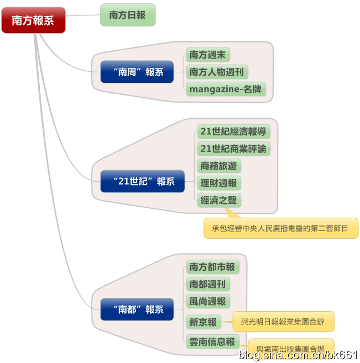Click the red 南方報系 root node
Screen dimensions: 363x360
(x=33, y=20)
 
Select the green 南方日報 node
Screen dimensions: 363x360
(x=128, y=15)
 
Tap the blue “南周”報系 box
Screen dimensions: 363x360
(x=137, y=72)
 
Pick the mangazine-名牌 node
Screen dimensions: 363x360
(x=226, y=89)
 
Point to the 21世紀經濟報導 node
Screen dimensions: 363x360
(x=233, y=131)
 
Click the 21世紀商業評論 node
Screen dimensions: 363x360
(x=233, y=149)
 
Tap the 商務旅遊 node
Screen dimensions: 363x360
(x=220, y=166)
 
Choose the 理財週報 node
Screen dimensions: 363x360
(x=220, y=183)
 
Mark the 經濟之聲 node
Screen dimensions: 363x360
(x=220, y=200)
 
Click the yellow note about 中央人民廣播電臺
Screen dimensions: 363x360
(x=281, y=228)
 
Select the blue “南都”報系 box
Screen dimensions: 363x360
(x=137, y=309)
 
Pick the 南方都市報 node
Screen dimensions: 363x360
(x=212, y=267)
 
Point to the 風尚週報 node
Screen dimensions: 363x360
(x=208, y=302)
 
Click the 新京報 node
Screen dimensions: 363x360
(x=203, y=322)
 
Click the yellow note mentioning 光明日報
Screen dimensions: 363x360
(x=283, y=321)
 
